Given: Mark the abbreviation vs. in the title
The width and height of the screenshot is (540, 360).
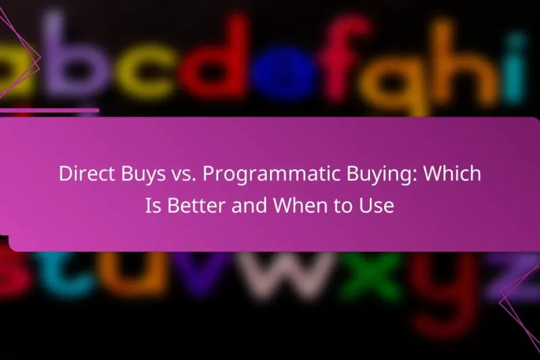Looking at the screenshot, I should (x=175, y=174).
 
